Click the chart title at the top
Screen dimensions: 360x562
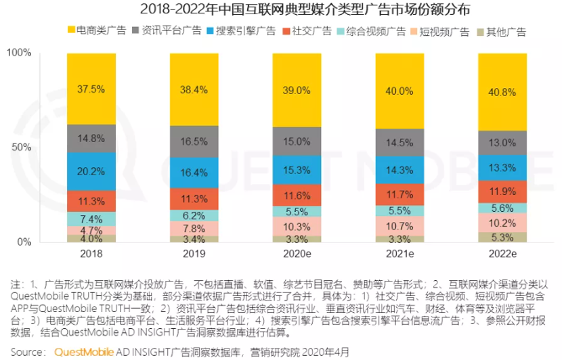(x=282, y=10)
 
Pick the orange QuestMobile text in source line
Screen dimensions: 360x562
(x=84, y=351)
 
